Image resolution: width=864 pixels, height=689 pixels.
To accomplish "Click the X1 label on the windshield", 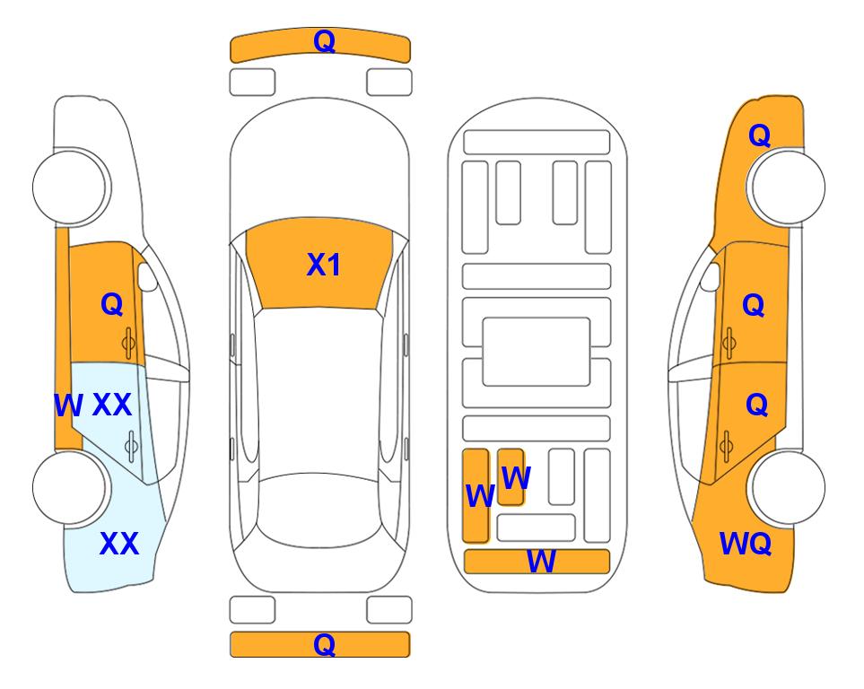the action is [324, 265].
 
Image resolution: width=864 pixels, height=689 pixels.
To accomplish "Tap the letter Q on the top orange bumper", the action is [324, 41].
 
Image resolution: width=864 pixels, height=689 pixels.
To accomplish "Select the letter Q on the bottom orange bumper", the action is [324, 644].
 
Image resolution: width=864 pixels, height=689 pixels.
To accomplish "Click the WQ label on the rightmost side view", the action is [746, 544].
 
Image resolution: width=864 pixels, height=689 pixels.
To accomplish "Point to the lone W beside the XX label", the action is [68, 406].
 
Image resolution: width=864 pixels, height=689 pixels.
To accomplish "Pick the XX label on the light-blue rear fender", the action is [118, 544].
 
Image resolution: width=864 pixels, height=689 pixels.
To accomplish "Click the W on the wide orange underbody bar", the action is [541, 562].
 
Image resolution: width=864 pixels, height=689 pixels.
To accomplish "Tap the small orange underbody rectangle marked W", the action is [511, 476].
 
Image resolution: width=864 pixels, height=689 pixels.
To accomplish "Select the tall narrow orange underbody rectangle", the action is [476, 495].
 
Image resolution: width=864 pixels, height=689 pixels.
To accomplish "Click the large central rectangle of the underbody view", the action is [537, 352].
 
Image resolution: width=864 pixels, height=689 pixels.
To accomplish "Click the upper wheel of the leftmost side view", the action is [69, 187].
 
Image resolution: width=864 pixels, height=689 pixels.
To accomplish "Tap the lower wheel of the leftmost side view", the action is [69, 487].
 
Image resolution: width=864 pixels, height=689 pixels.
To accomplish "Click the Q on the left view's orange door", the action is [112, 304].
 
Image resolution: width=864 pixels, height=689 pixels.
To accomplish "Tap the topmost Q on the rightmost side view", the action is [759, 135].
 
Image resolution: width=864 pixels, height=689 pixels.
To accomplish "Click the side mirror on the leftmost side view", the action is [147, 276].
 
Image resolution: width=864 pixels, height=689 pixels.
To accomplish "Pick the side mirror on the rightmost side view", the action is [711, 276].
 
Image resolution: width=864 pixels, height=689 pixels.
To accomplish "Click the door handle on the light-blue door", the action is [131, 446].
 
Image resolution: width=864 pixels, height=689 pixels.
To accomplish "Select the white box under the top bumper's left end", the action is [252, 83].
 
